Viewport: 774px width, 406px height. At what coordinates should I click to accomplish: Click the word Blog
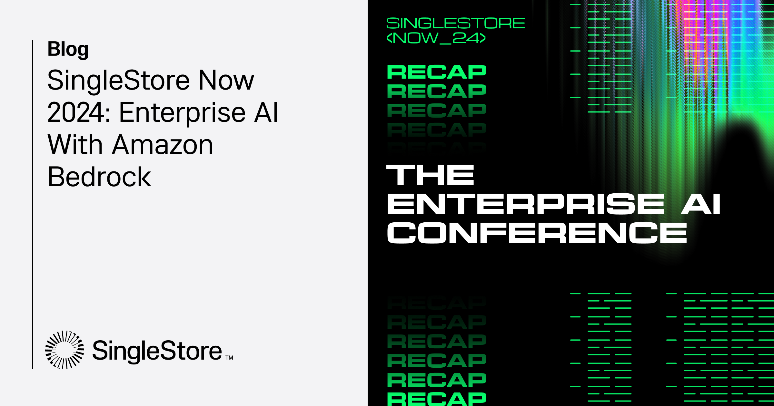(x=68, y=49)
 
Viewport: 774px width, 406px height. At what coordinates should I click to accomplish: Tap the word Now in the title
(x=226, y=80)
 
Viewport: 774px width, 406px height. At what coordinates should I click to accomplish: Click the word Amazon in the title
(x=163, y=145)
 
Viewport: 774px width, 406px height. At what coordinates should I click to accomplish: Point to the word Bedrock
(x=99, y=177)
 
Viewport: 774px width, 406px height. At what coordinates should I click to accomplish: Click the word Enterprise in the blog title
(x=183, y=112)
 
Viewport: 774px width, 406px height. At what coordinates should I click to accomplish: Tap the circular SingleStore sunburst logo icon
(x=64, y=350)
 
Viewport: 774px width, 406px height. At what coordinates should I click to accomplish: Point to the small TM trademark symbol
(x=229, y=358)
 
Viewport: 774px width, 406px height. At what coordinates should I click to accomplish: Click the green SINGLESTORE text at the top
(x=455, y=23)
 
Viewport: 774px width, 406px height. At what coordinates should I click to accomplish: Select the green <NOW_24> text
(x=436, y=38)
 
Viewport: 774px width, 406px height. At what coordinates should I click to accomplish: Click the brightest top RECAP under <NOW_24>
(x=437, y=72)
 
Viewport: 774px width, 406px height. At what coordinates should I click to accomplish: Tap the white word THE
(x=430, y=175)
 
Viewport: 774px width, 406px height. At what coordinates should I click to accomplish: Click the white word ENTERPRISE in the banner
(x=526, y=204)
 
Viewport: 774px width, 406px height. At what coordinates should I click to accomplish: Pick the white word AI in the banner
(x=700, y=204)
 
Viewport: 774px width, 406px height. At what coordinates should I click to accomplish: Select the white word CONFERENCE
(x=537, y=233)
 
